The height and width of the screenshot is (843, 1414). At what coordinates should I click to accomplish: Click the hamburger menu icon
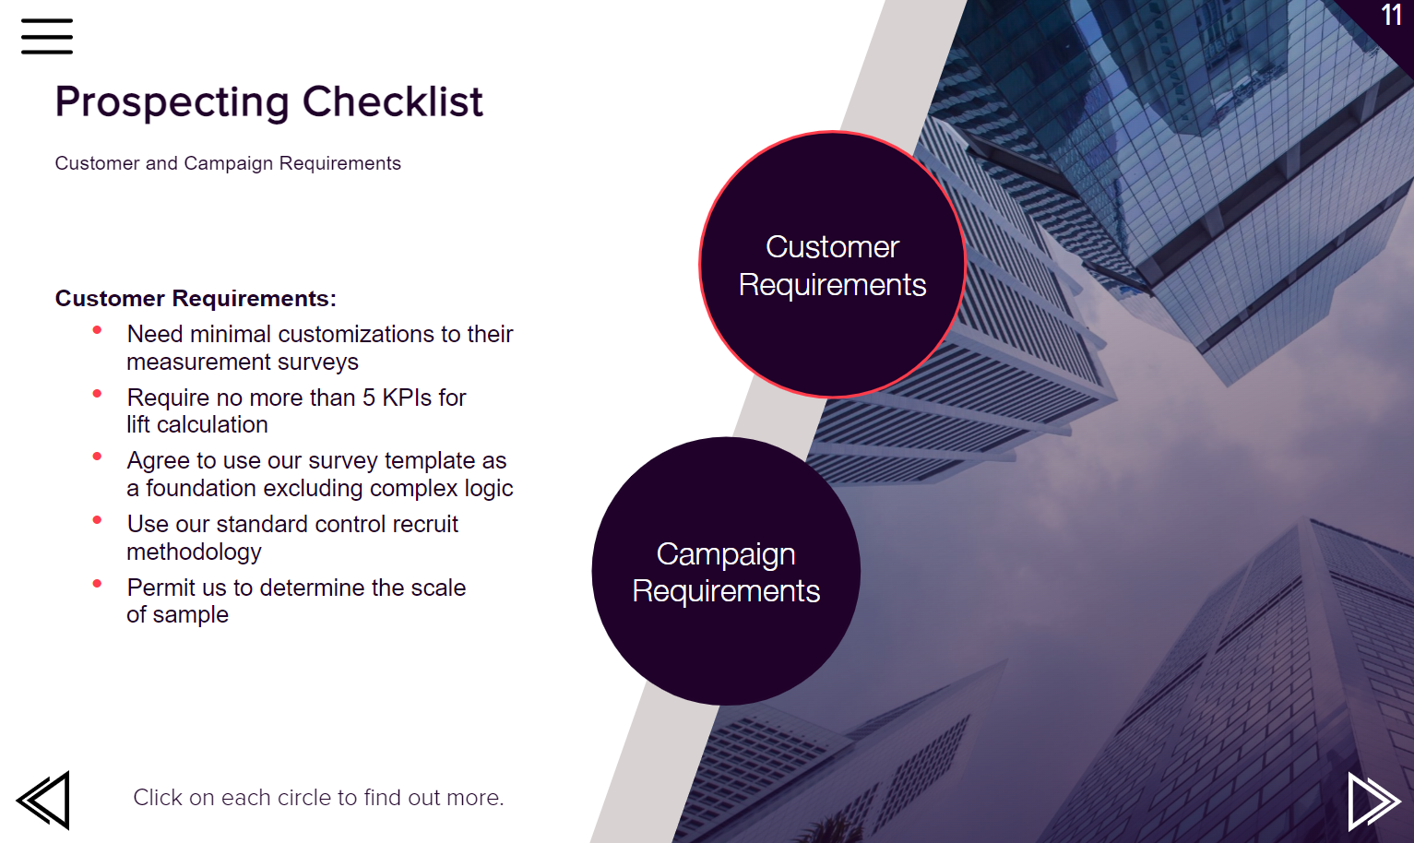pyautogui.click(x=47, y=36)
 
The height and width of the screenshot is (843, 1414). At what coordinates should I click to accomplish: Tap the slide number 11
pyautogui.click(x=1391, y=15)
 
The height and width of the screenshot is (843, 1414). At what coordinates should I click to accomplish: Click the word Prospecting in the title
pyautogui.click(x=172, y=103)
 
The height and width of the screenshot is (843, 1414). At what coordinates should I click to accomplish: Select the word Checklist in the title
pyautogui.click(x=393, y=101)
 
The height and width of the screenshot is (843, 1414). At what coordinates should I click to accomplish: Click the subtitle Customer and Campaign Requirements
pyautogui.click(x=228, y=163)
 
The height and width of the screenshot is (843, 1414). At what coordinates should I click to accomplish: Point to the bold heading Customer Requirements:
pyautogui.click(x=196, y=298)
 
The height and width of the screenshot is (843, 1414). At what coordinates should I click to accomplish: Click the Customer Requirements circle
pyautogui.click(x=832, y=265)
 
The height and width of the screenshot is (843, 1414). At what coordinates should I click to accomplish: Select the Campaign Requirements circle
pyautogui.click(x=726, y=572)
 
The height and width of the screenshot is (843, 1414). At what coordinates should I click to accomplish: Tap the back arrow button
pyautogui.click(x=43, y=800)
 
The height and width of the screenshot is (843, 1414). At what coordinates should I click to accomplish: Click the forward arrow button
pyautogui.click(x=1374, y=801)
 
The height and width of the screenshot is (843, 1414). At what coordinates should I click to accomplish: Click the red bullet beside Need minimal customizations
pyautogui.click(x=97, y=330)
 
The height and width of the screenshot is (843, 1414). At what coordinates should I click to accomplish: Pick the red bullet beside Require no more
pyautogui.click(x=97, y=394)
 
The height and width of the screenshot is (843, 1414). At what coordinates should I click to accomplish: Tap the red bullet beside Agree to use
pyautogui.click(x=97, y=457)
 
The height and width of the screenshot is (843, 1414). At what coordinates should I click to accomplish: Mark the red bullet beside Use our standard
pyautogui.click(x=97, y=520)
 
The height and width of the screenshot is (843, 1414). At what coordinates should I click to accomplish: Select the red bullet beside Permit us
pyautogui.click(x=97, y=584)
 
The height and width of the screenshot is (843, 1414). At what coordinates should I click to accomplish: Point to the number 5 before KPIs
pyautogui.click(x=369, y=398)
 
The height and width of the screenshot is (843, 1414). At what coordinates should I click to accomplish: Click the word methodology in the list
pyautogui.click(x=194, y=552)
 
